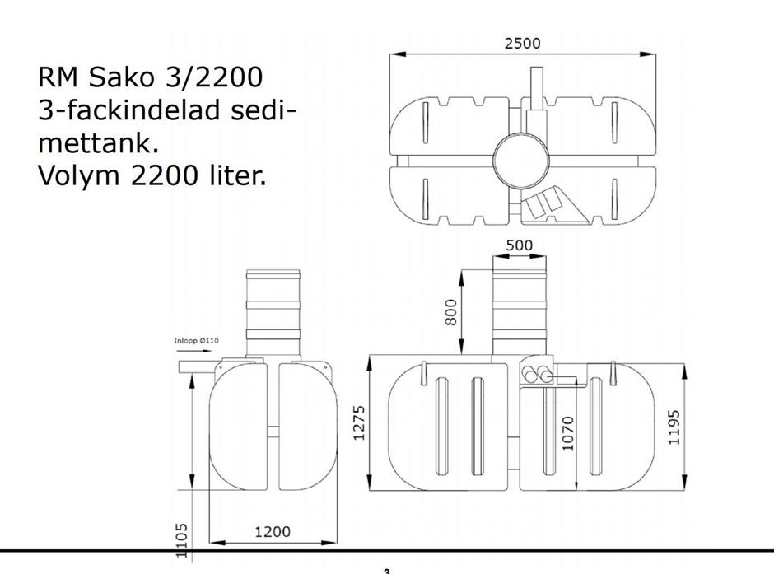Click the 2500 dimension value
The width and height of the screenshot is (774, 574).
pos(522,44)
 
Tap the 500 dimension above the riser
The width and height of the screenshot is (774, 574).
pos(520,245)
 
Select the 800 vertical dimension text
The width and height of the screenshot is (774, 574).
pos(451,312)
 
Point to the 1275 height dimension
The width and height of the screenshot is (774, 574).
pos(359,423)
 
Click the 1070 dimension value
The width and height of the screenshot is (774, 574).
pos(569,433)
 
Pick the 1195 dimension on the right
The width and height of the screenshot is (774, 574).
pos(674,427)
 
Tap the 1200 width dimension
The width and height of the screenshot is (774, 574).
pos(273,531)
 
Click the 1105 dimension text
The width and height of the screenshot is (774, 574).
pos(182,541)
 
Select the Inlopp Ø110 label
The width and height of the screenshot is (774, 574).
pos(196,341)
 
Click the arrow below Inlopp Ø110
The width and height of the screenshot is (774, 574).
pos(193,352)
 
